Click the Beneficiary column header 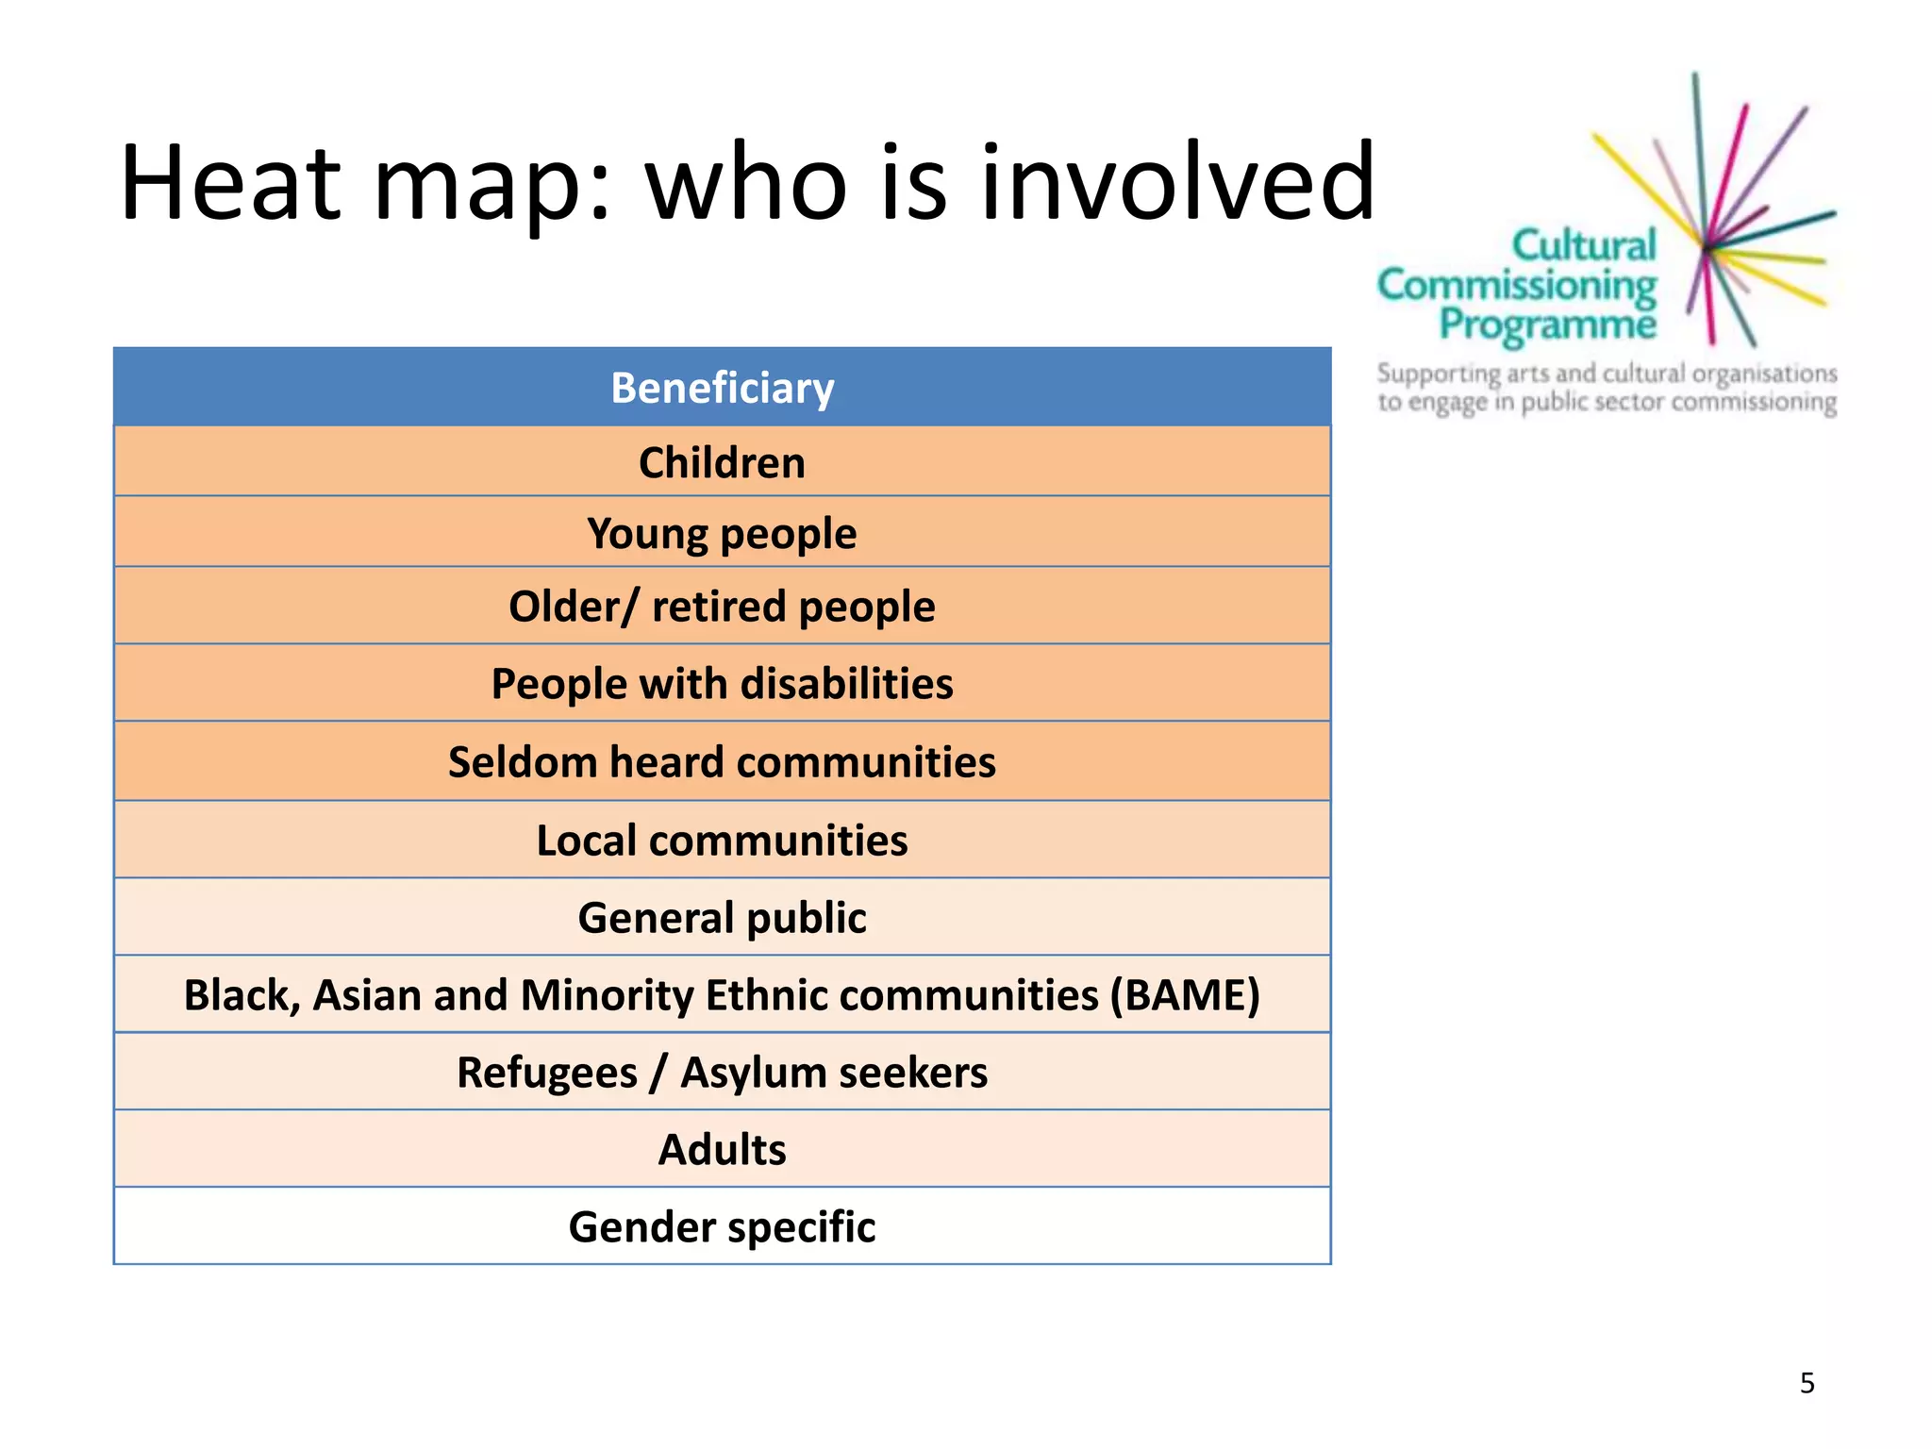pyautogui.click(x=722, y=388)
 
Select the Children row pyautogui.click(x=722, y=462)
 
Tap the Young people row pyautogui.click(x=722, y=533)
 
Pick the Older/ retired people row pyautogui.click(x=722, y=606)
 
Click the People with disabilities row pyautogui.click(x=722, y=683)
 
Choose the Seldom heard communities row pyautogui.click(x=722, y=761)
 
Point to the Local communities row pyautogui.click(x=722, y=840)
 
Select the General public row pyautogui.click(x=722, y=917)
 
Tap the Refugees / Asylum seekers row pyautogui.click(x=722, y=1073)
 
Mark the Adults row pyautogui.click(x=722, y=1150)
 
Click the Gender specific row pyautogui.click(x=722, y=1227)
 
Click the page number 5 pyautogui.click(x=1807, y=1383)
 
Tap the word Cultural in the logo pyautogui.click(x=1584, y=245)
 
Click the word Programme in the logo pyautogui.click(x=1547, y=324)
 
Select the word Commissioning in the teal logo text pyautogui.click(x=1516, y=284)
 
